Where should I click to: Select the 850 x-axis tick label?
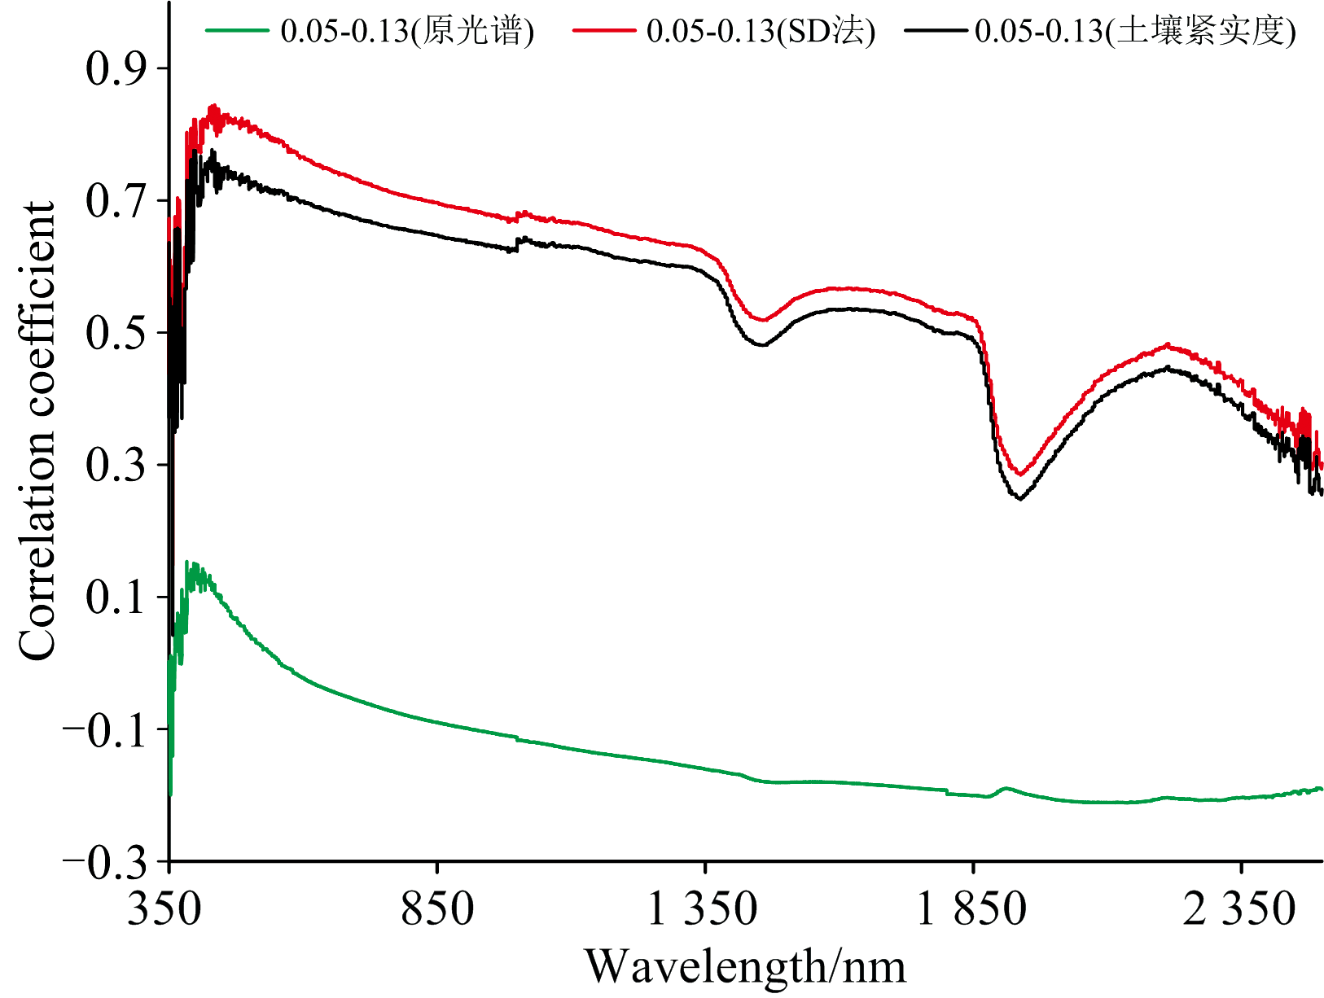[x=437, y=909]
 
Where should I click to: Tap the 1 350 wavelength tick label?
[x=702, y=909]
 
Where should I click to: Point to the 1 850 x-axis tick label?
[x=971, y=909]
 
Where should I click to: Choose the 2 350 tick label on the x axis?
[x=1239, y=909]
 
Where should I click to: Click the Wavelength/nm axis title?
[x=745, y=967]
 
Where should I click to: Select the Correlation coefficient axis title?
[x=37, y=431]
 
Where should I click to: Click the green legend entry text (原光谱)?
[x=407, y=31]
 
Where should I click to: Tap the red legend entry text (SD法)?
[x=761, y=31]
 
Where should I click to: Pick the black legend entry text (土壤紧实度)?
[x=1135, y=31]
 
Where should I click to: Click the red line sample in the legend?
[x=603, y=31]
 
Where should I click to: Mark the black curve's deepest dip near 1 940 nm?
[x=1019, y=498]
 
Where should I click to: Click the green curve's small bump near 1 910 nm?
[x=1006, y=788]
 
